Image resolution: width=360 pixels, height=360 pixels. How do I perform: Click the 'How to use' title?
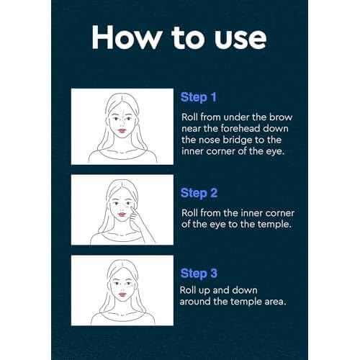[179, 37]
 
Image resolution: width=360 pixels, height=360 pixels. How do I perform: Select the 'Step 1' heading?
[199, 98]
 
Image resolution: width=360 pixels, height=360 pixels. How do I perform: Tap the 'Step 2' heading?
[199, 193]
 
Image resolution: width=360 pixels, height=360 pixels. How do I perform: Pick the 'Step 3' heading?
[199, 274]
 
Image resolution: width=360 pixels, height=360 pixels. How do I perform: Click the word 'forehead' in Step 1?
[240, 128]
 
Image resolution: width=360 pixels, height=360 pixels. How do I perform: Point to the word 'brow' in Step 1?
[281, 117]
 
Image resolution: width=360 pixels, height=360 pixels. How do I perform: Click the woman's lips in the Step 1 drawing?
[122, 131]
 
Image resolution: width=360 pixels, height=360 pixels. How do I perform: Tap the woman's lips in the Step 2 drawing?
[122, 214]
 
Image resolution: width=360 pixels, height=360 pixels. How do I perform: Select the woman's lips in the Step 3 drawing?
[122, 294]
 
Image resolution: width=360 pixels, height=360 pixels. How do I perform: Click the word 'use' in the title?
[240, 40]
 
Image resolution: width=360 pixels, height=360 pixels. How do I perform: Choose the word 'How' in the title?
[127, 37]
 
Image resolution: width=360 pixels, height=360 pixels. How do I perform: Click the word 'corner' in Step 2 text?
[280, 213]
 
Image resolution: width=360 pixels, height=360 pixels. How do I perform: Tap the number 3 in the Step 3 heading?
[213, 273]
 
